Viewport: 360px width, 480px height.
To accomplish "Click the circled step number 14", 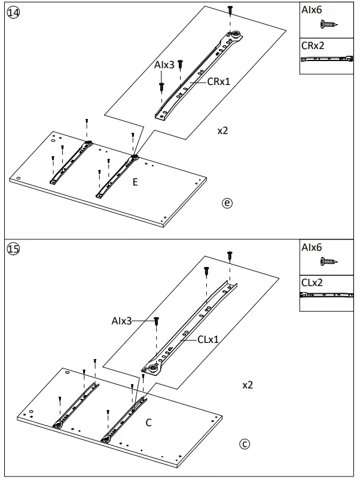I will click(13, 12).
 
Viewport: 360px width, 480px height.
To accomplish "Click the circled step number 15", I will click(13, 249).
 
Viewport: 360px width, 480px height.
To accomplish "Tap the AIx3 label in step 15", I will click(121, 321).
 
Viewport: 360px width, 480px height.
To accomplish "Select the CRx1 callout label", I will click(219, 81).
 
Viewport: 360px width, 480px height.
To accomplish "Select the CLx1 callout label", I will click(208, 339).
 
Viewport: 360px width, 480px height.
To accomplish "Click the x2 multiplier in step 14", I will click(222, 130).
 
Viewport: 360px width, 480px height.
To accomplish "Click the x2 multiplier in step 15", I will click(247, 385).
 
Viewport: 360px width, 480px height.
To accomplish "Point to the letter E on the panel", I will click(135, 182).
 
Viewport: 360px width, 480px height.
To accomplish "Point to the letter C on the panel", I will click(148, 423).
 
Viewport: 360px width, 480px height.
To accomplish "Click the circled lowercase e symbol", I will click(227, 203).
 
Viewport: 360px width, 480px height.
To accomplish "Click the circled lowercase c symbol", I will click(243, 444).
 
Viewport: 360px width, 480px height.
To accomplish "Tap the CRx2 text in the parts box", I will click(313, 45).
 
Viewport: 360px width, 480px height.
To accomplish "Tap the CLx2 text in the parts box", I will click(312, 282).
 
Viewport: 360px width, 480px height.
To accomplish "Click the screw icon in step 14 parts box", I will click(327, 25).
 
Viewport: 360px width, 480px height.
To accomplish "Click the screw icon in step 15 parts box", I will click(327, 262).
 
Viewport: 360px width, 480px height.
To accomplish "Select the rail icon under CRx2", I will click(327, 59).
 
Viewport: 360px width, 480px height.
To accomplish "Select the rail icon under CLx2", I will click(327, 295).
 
